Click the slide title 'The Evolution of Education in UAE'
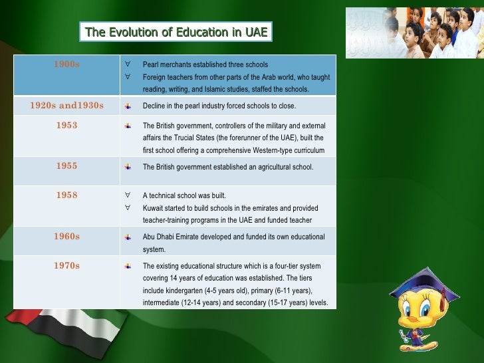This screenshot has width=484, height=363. (x=176, y=31)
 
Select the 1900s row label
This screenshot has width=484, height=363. (x=66, y=64)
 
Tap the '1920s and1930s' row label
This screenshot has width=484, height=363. (x=66, y=105)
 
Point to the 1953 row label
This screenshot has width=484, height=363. (x=66, y=125)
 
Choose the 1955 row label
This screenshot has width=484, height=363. (x=66, y=166)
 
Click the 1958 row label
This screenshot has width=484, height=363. (x=66, y=195)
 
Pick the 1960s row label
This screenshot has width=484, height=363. (x=66, y=236)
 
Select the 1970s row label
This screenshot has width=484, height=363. (x=66, y=265)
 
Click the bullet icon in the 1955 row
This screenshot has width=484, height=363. (x=127, y=167)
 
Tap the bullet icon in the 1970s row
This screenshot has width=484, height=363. (x=127, y=266)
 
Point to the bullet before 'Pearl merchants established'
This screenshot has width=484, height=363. (x=127, y=64)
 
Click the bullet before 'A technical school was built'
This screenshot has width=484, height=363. (x=127, y=195)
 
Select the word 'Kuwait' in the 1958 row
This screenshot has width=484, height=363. (x=154, y=208)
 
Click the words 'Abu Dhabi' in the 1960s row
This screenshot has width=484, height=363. (x=158, y=237)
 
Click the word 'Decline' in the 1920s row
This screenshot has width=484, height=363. (x=154, y=106)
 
